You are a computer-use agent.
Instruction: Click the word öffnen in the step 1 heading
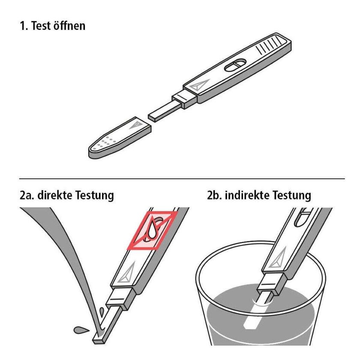[x=69, y=25]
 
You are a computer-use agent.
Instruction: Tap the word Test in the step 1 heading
[x=41, y=25]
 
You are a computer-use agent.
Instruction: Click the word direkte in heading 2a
[x=54, y=195]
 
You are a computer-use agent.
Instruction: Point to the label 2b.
[x=214, y=195]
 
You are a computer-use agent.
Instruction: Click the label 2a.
[x=27, y=195]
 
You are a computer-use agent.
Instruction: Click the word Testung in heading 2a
[x=94, y=195]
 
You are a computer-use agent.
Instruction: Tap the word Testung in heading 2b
[x=291, y=195]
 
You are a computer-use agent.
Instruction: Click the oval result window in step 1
[x=235, y=65]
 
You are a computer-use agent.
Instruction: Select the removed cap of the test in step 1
[x=120, y=138]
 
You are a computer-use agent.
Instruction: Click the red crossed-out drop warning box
[x=152, y=230]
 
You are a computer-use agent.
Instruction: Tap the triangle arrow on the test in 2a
[x=127, y=273]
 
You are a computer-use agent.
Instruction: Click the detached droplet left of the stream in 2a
[x=81, y=330]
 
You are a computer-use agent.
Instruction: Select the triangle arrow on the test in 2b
[x=278, y=258]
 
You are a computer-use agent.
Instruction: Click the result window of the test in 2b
[x=302, y=217]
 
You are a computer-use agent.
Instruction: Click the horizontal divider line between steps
[x=182, y=178]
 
